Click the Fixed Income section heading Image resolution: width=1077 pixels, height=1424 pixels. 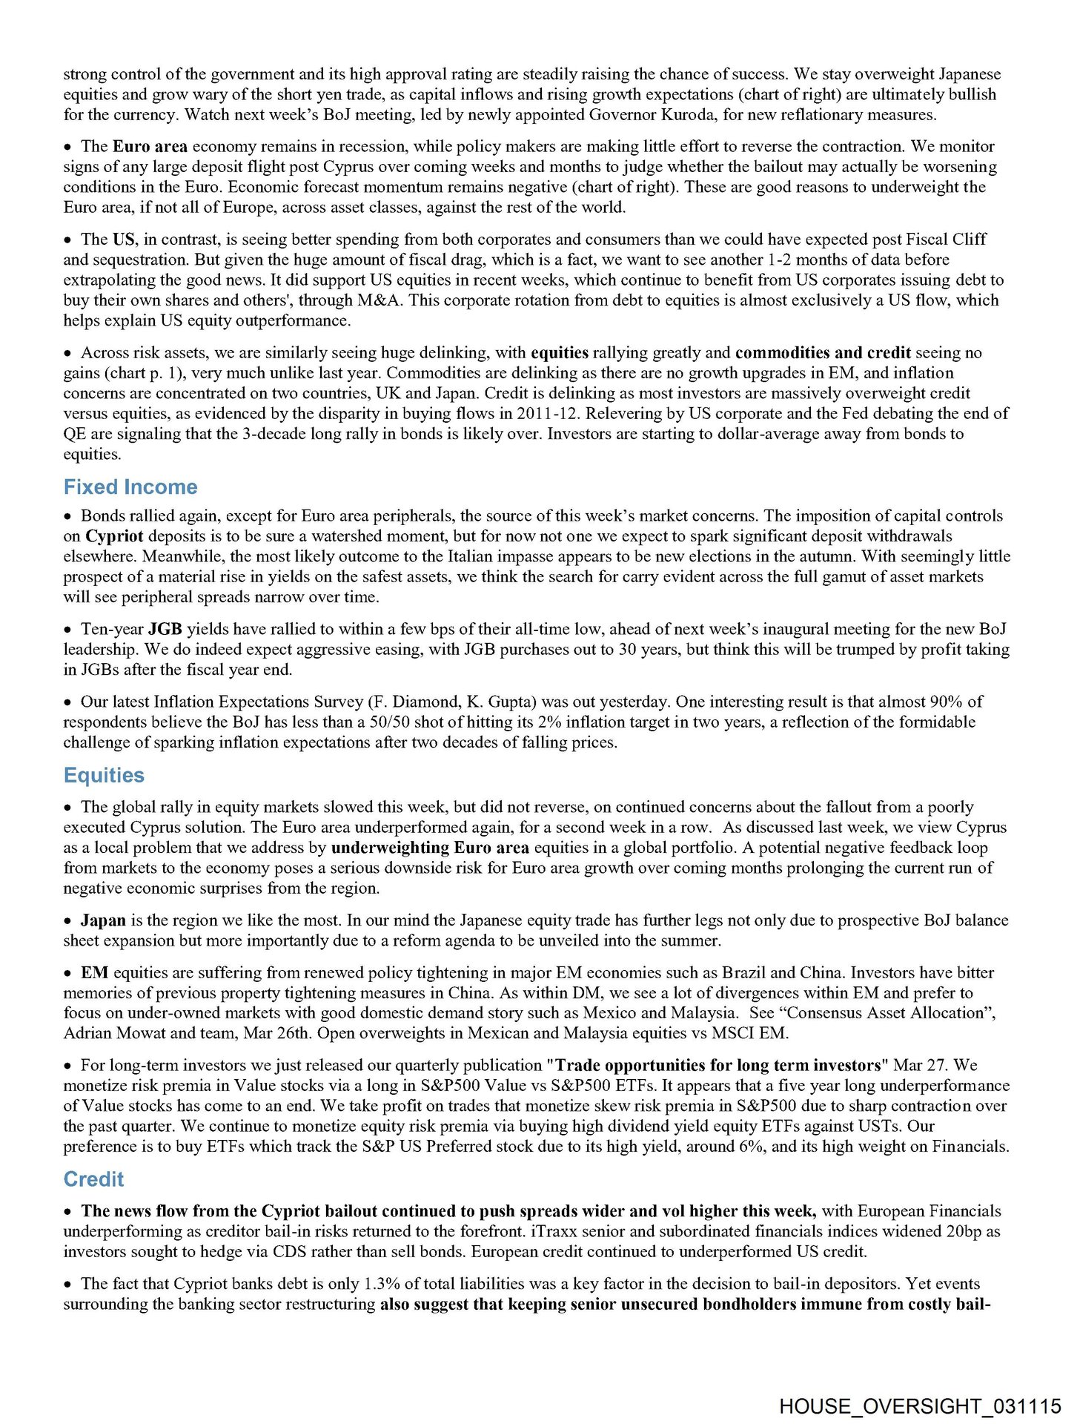(130, 487)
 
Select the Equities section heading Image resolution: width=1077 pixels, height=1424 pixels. (104, 776)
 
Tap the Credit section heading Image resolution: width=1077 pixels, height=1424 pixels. (93, 1180)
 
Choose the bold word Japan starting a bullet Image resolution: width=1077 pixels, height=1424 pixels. (103, 921)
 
